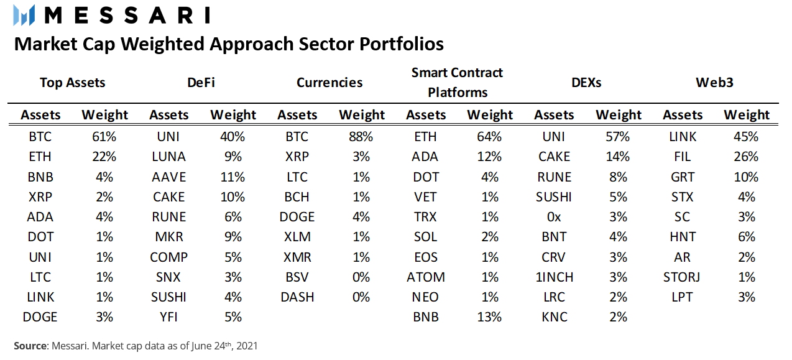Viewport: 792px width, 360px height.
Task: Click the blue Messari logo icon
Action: pyautogui.click(x=24, y=15)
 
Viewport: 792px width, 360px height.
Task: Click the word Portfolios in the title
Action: pyautogui.click(x=402, y=44)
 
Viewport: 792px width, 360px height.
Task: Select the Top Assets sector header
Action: pyautogui.click(x=73, y=83)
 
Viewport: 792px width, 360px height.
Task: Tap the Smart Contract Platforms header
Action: pyautogui.click(x=457, y=83)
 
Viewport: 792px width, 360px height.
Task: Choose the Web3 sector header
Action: pyautogui.click(x=714, y=83)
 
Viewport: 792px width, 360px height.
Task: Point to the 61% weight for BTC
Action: pyautogui.click(x=104, y=137)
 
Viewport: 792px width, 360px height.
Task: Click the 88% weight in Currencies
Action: pyautogui.click(x=361, y=137)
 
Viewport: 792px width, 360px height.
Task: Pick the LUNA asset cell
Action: pyautogui.click(x=168, y=157)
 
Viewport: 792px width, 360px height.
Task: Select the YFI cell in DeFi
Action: pyautogui.click(x=168, y=317)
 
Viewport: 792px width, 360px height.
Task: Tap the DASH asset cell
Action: pyautogui.click(x=297, y=297)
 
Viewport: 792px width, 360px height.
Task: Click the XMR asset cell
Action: pyautogui.click(x=297, y=257)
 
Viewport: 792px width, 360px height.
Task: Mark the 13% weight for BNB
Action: pyautogui.click(x=489, y=317)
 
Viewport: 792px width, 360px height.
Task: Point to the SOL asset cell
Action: pyautogui.click(x=426, y=237)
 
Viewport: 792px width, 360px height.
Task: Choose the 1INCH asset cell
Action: pyautogui.click(x=554, y=277)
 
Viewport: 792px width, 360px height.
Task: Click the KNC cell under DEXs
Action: pyautogui.click(x=554, y=317)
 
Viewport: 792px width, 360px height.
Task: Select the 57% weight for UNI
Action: pyautogui.click(x=618, y=137)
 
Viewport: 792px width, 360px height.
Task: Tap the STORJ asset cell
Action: pyautogui.click(x=682, y=277)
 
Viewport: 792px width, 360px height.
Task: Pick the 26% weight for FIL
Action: pyautogui.click(x=746, y=157)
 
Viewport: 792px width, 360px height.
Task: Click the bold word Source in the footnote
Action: pyautogui.click(x=30, y=346)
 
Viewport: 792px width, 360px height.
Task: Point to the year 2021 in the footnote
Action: pyautogui.click(x=247, y=346)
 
